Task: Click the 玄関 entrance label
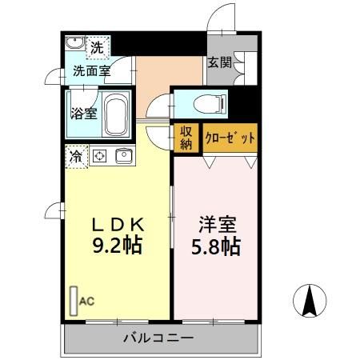click(221, 62)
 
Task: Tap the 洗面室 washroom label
click(90, 71)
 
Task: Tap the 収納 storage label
click(186, 137)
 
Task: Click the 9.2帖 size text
click(118, 246)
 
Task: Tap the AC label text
click(87, 302)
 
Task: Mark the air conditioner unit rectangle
click(74, 302)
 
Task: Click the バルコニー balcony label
click(158, 338)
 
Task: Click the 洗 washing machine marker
click(96, 47)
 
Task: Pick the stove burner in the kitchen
click(101, 155)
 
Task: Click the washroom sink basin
click(74, 43)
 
